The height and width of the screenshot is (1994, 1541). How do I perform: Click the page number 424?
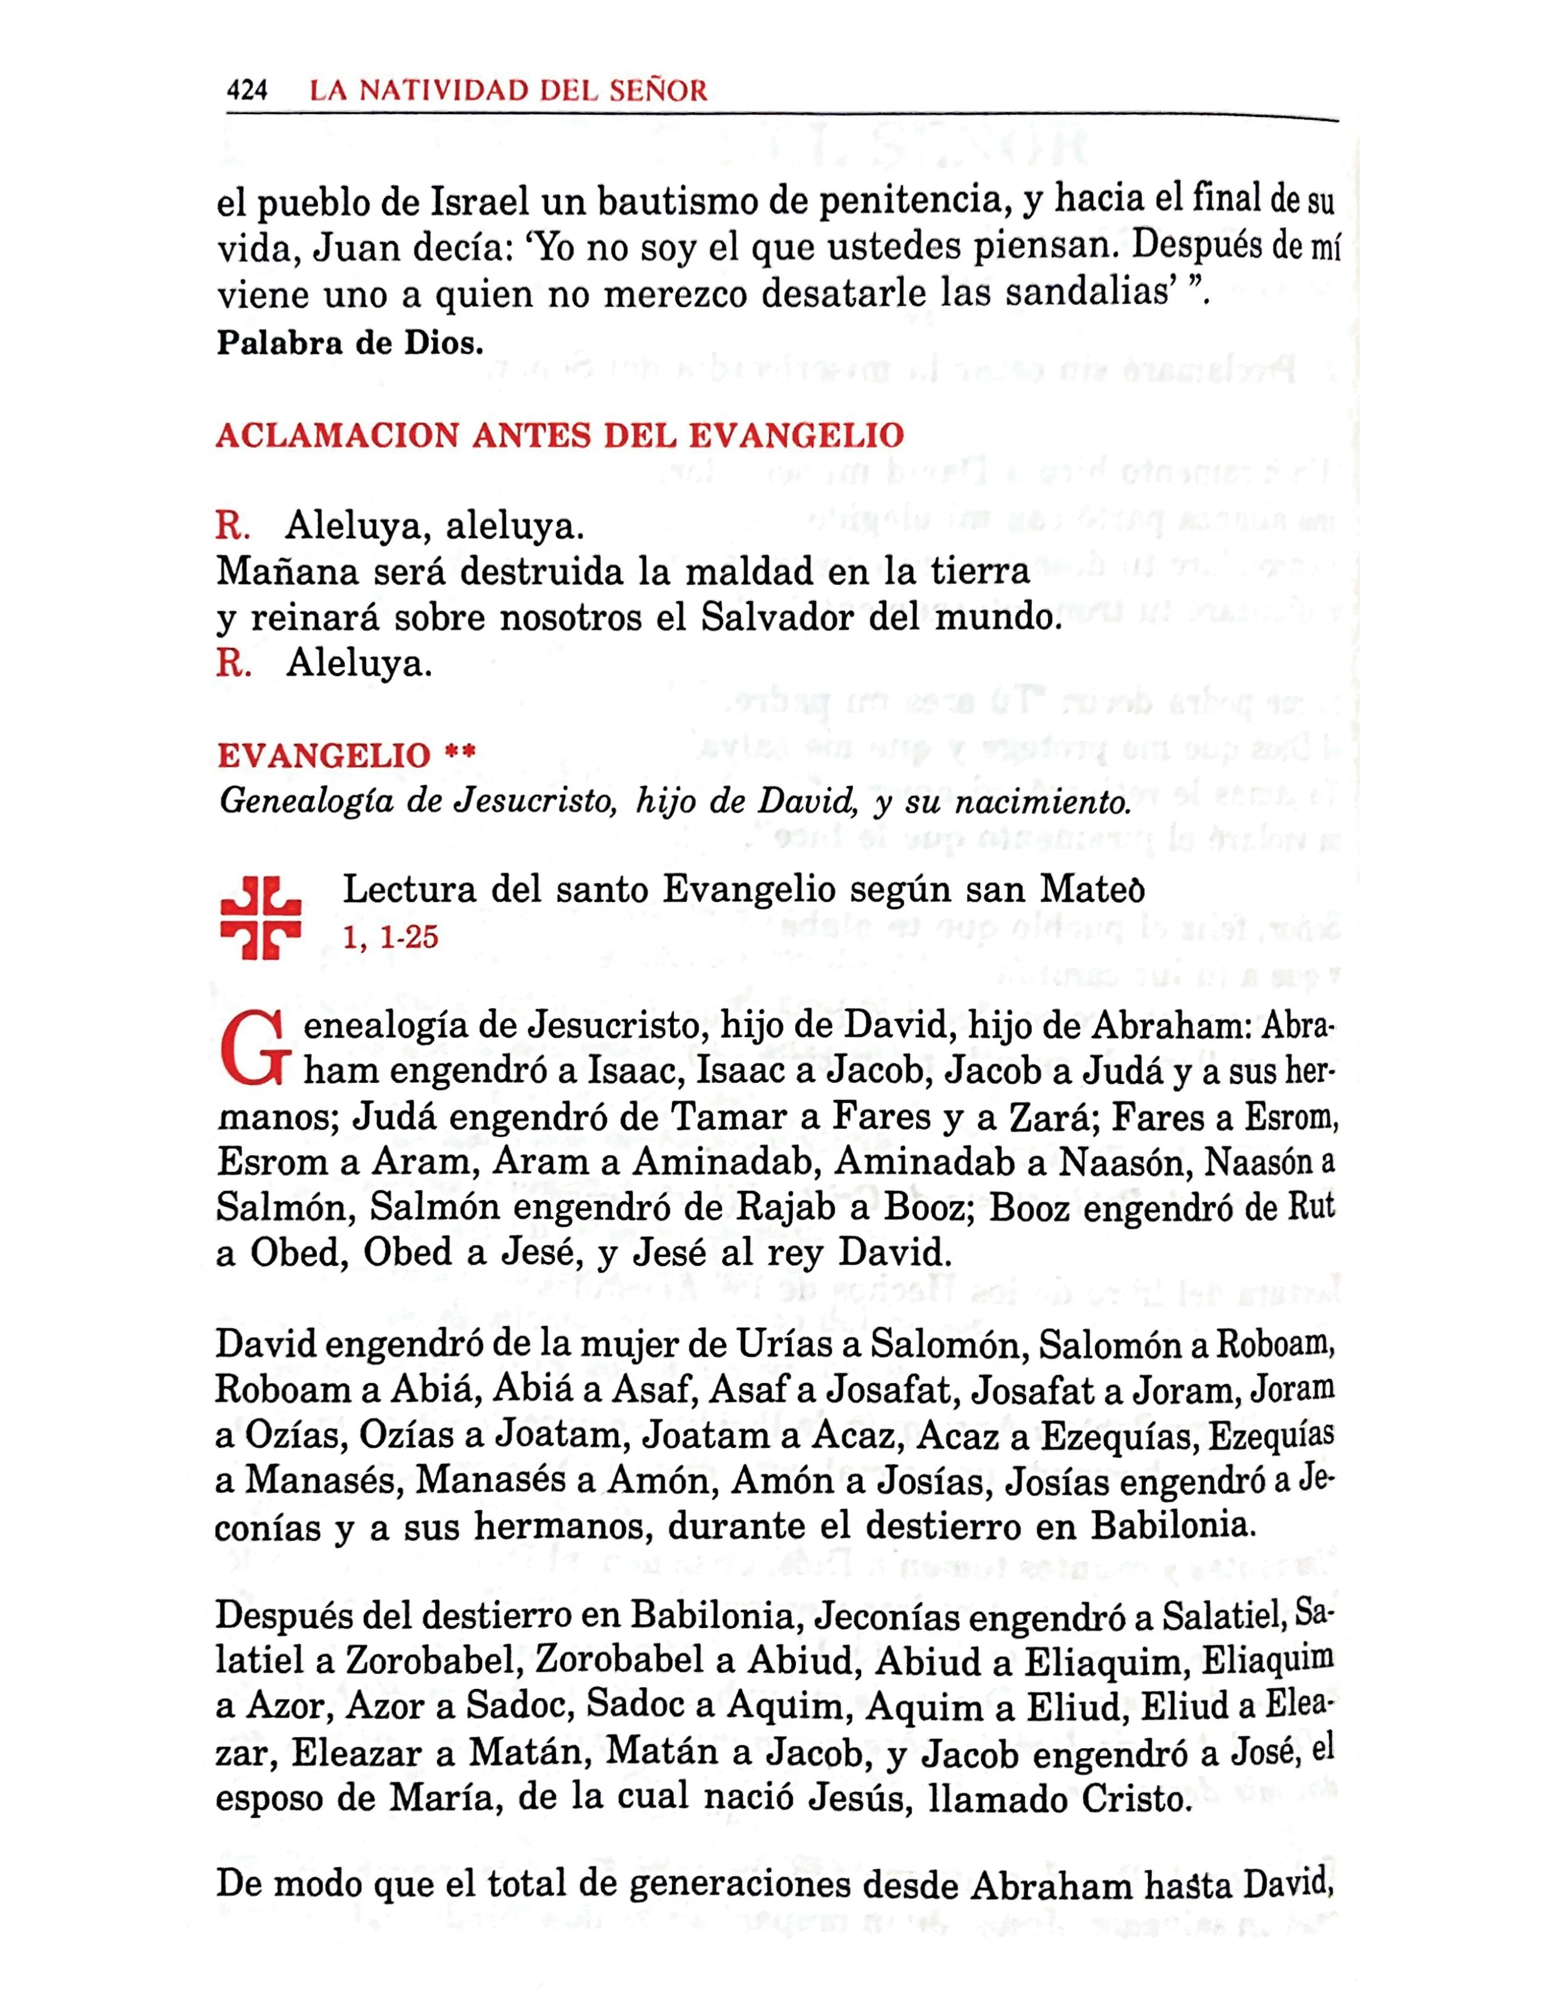(247, 91)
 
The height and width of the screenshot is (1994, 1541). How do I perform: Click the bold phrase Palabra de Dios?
(349, 343)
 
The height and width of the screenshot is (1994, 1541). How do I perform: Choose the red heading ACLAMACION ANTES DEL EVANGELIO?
(560, 435)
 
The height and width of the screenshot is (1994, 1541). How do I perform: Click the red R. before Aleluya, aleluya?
(233, 527)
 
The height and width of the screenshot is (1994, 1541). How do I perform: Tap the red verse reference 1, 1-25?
(391, 937)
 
